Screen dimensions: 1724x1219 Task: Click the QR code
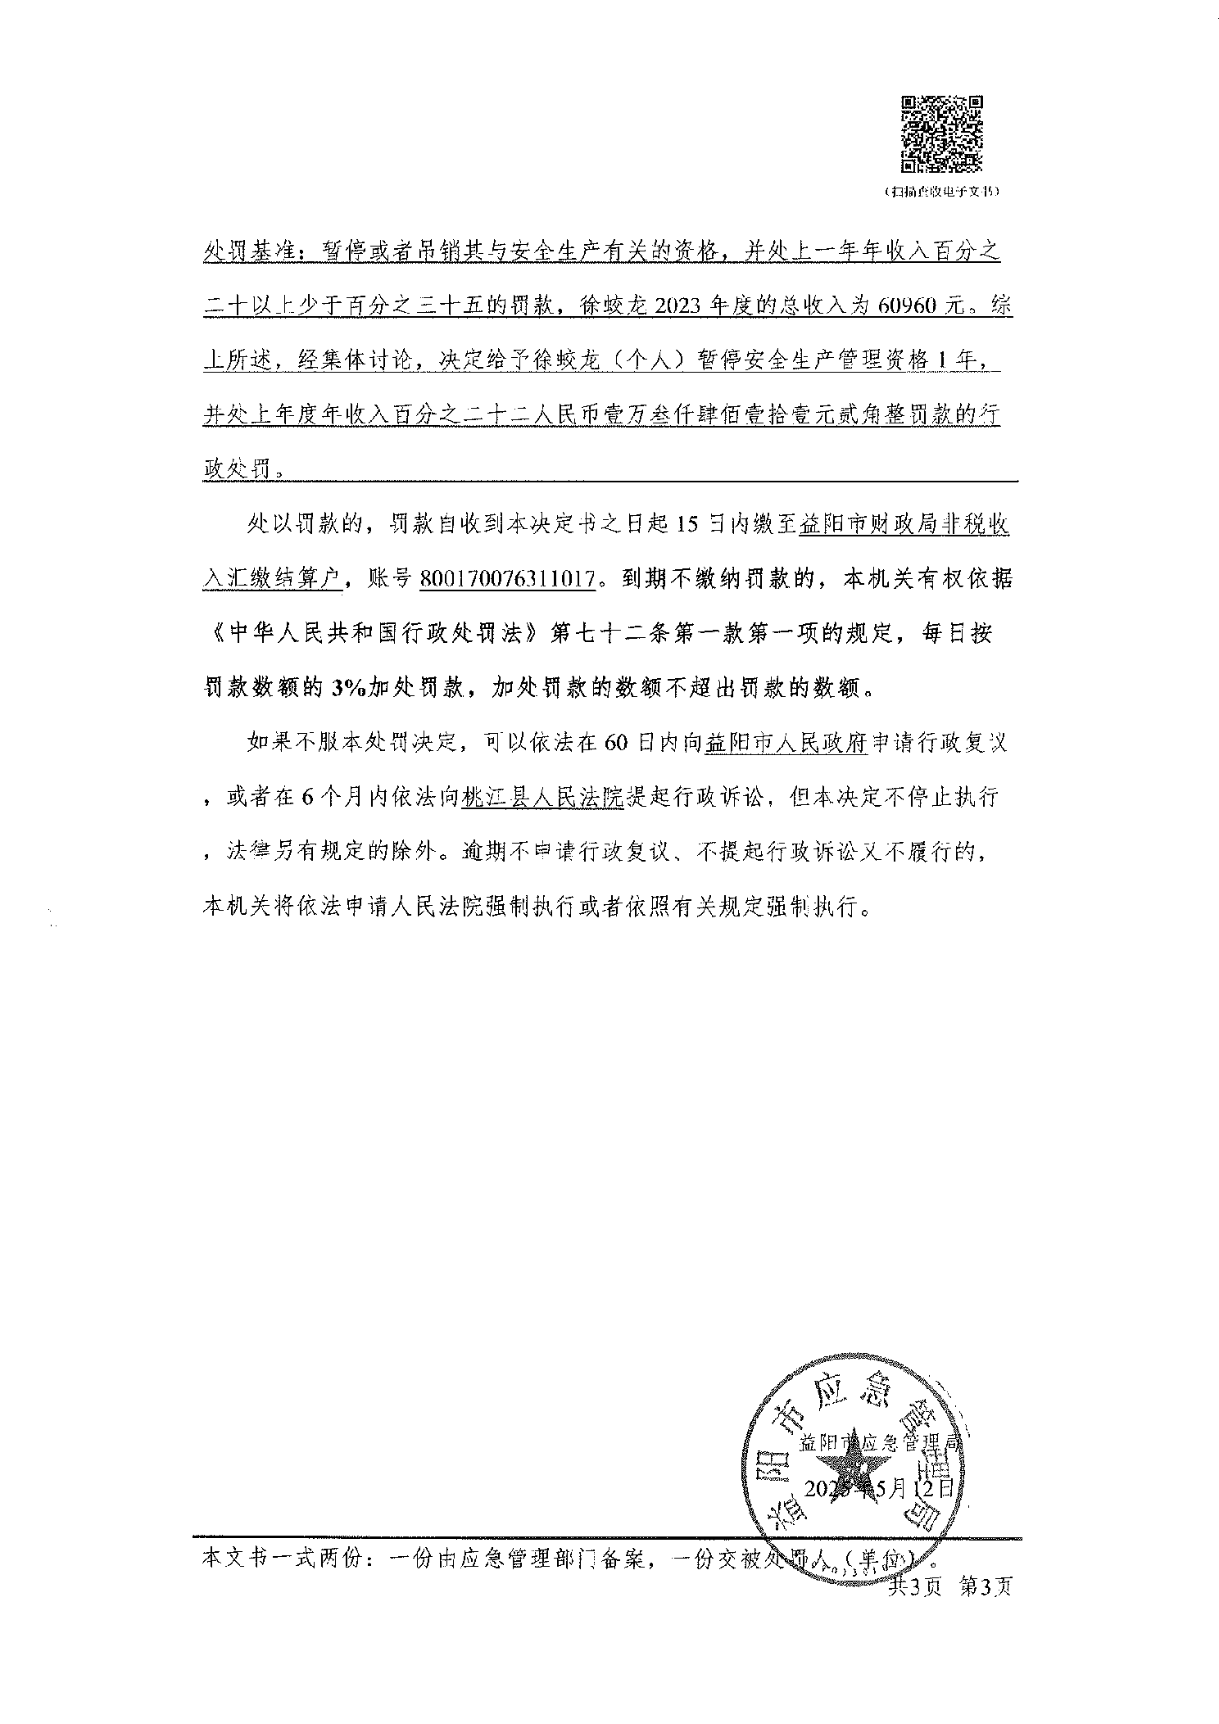click(942, 134)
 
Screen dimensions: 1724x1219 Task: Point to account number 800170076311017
click(506, 579)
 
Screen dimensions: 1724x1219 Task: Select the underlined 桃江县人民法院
click(542, 797)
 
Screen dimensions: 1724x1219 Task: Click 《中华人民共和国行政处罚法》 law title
click(373, 634)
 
